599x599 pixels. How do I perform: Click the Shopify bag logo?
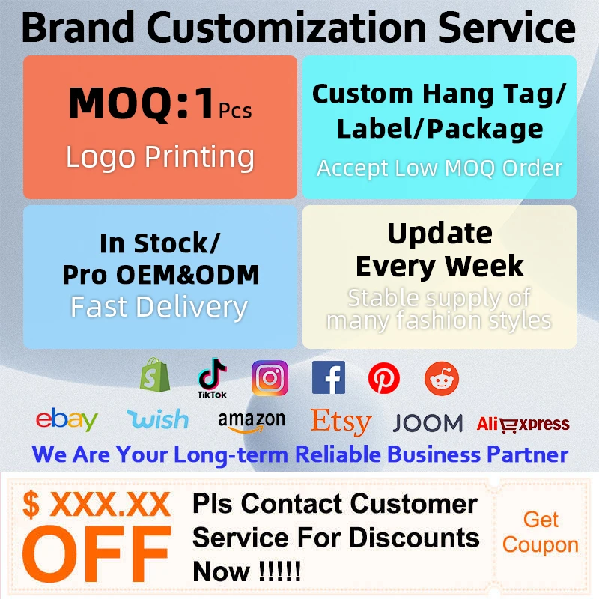click(155, 375)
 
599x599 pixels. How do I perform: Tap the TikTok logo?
click(212, 378)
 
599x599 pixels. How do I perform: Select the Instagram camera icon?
click(270, 378)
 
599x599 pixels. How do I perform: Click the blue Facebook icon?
click(329, 377)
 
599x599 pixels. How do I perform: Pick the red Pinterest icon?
click(384, 378)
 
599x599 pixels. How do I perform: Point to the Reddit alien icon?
click(442, 378)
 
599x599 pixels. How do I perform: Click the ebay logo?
click(67, 419)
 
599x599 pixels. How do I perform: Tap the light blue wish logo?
click(158, 419)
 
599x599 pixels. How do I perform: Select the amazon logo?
click(252, 422)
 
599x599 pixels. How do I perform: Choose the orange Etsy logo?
click(341, 422)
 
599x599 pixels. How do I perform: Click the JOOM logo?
click(428, 423)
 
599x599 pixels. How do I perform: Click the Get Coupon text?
click(540, 532)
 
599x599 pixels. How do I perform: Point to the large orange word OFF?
click(97, 549)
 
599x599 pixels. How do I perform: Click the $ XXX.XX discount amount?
click(97, 504)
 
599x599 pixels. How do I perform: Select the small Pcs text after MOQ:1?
click(235, 111)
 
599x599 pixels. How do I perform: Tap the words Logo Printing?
click(160, 156)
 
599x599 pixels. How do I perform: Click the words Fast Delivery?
click(159, 307)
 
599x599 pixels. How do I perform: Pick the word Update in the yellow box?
click(440, 234)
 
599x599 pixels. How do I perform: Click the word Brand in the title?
click(78, 28)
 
